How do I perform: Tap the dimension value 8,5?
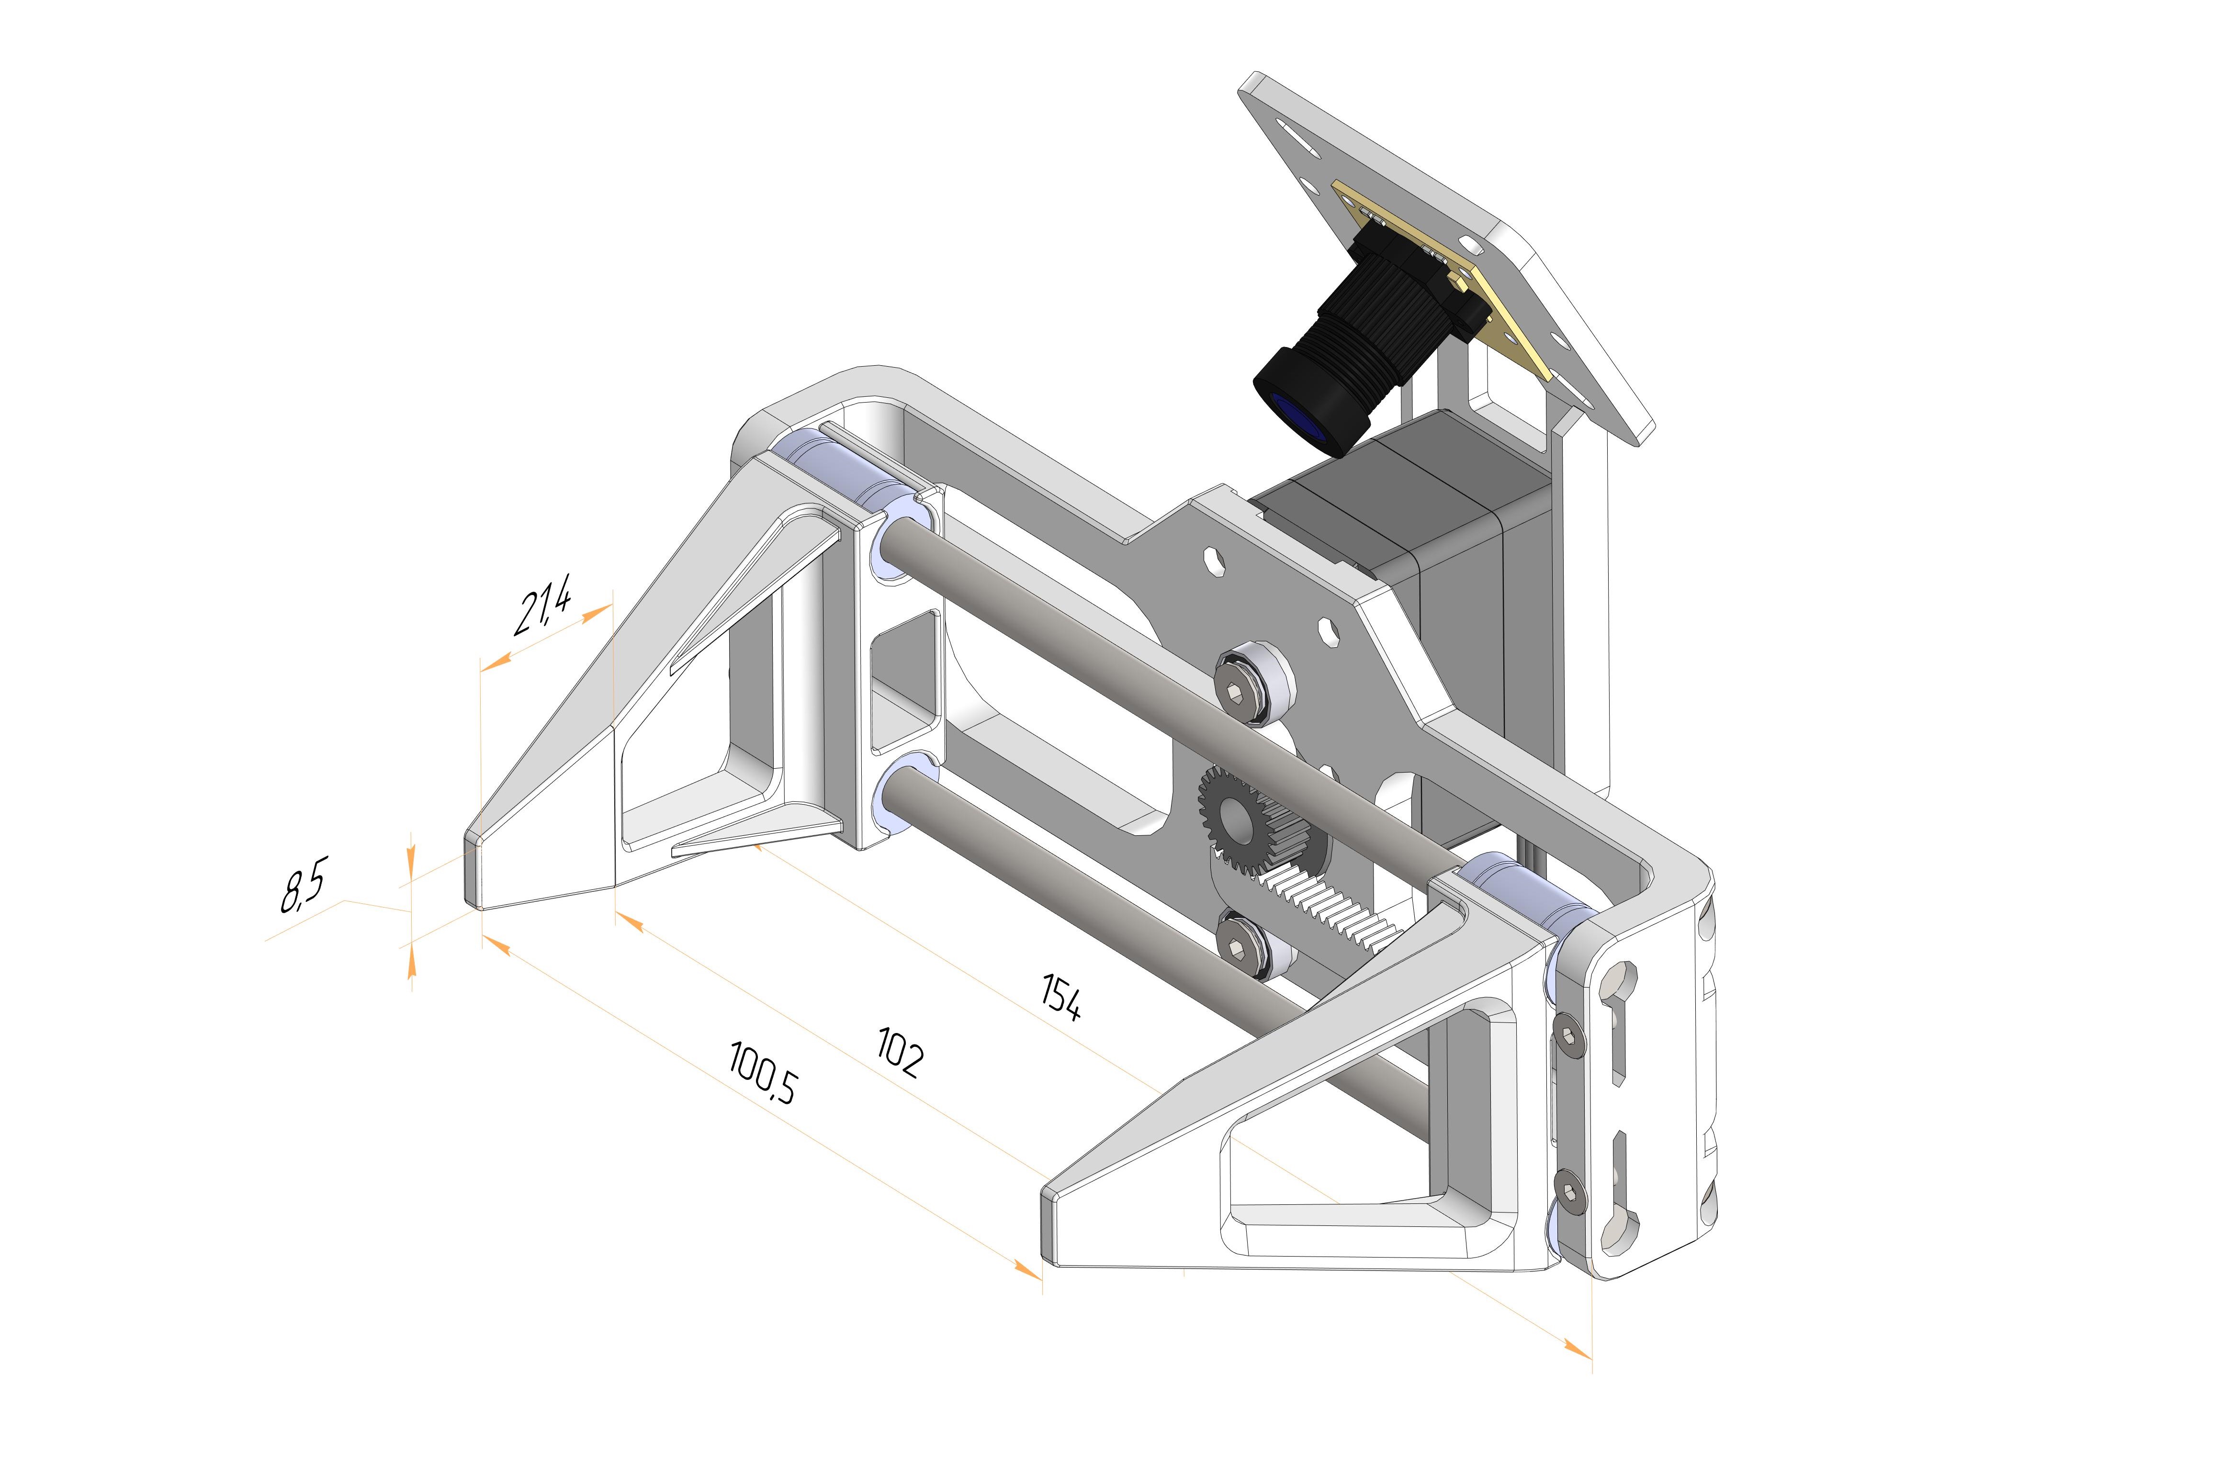tap(303, 888)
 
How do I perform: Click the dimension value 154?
tap(1060, 996)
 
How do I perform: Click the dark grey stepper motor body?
tap(1463, 600)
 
